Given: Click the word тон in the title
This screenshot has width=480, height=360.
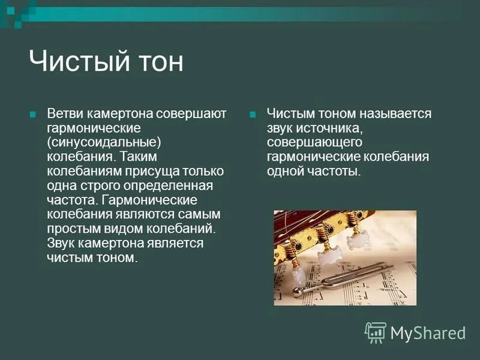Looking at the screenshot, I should point(160,62).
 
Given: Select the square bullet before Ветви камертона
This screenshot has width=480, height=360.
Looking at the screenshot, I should point(34,114).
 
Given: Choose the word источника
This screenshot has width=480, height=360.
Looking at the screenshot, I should point(328,128).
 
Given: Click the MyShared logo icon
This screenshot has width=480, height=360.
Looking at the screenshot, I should point(376,332).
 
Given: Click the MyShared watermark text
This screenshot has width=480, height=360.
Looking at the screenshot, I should point(428,333).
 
